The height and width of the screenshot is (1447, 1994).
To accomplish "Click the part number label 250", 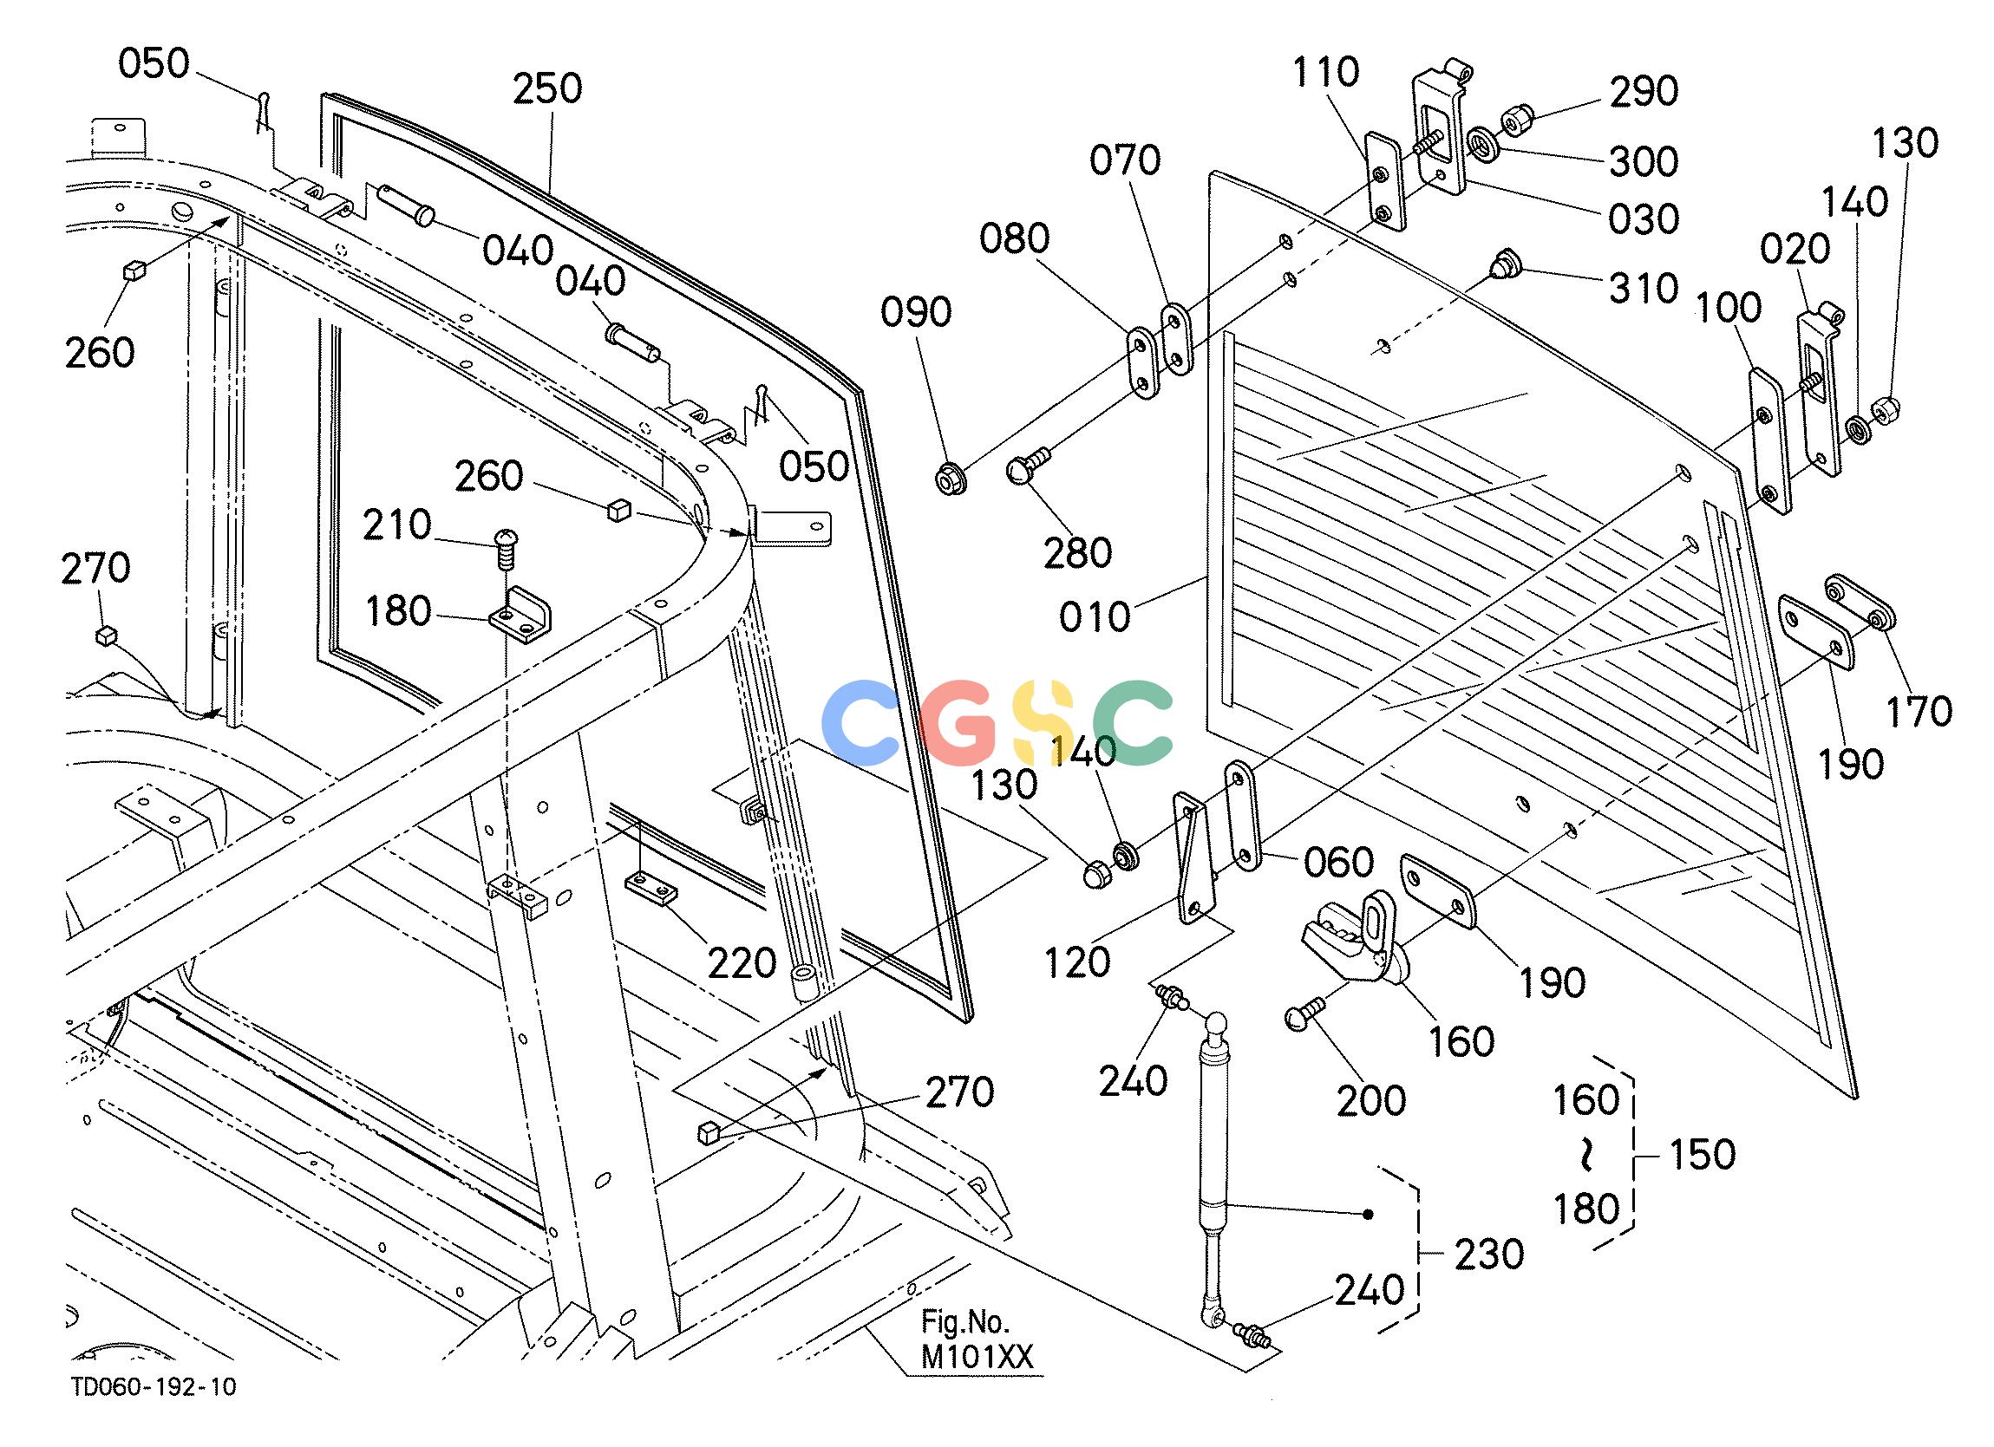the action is click(x=547, y=88).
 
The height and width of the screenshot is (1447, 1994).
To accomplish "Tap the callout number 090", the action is click(x=916, y=313).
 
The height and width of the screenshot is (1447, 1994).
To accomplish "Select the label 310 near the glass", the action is click(x=1644, y=289).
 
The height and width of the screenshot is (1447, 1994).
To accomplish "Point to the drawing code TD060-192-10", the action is click(x=154, y=1386).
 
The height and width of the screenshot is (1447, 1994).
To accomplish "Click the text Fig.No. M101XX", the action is click(x=977, y=1340).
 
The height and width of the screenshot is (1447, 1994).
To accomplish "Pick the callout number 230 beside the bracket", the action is click(x=1488, y=1255).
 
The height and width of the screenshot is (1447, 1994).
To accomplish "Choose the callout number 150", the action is click(x=1702, y=1154).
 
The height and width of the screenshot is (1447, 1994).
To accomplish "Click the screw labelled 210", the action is click(x=506, y=548).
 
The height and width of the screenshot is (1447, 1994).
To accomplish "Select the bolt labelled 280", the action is click(x=1026, y=464).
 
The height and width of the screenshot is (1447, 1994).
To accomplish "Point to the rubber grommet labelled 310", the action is click(x=1506, y=265).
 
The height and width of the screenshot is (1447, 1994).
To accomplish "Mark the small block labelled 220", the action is click(x=651, y=889).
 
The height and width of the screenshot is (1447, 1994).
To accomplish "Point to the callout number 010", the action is click(x=1095, y=617).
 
